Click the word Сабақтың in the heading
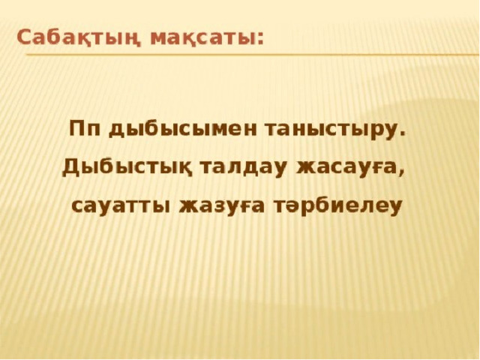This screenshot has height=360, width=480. coord(79,38)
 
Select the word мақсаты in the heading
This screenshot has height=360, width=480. coord(202,39)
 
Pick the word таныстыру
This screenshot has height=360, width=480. coord(329,131)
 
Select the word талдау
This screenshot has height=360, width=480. coord(243,169)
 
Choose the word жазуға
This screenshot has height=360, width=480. coord(221,208)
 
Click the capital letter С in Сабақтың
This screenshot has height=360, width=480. coord(25,37)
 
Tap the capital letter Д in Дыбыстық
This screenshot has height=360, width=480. coord(70,168)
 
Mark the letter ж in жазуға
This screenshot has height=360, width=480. coord(190,208)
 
